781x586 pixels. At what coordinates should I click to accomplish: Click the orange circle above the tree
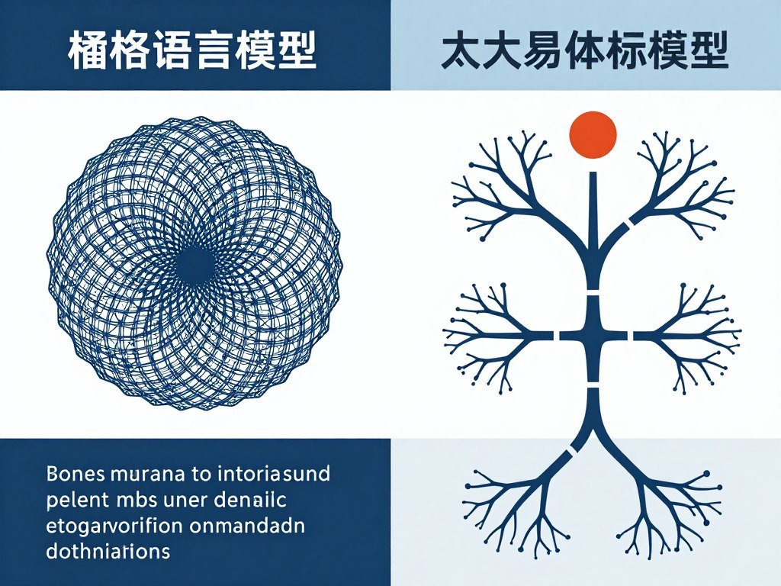pyautogui.click(x=593, y=134)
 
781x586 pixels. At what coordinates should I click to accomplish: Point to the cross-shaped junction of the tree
pyautogui.click(x=593, y=335)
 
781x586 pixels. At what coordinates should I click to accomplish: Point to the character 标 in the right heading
pyautogui.click(x=635, y=52)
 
